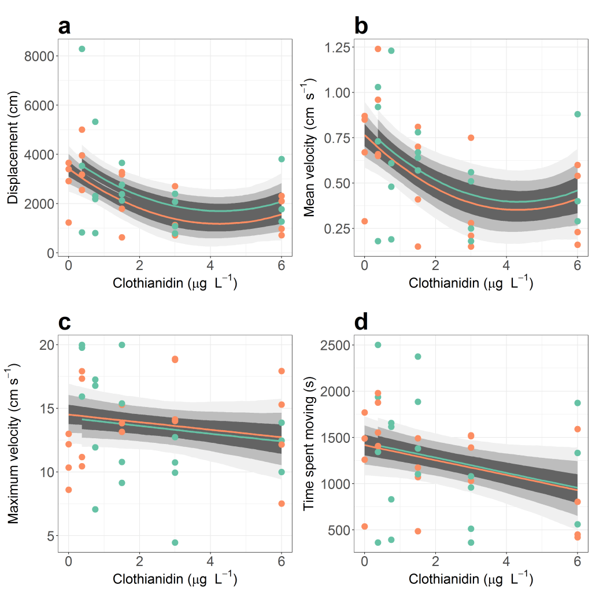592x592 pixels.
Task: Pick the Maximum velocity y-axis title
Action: point(12,443)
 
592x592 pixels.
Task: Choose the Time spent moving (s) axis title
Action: point(309,443)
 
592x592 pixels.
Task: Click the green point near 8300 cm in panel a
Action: point(82,49)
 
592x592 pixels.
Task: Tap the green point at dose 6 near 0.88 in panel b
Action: point(577,114)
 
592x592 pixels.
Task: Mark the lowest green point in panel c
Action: point(175,542)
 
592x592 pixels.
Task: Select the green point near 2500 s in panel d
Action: point(378,345)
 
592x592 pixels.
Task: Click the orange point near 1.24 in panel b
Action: point(378,49)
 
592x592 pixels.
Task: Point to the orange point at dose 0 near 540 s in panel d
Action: point(364,527)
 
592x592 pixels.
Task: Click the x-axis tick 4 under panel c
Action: point(210,562)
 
